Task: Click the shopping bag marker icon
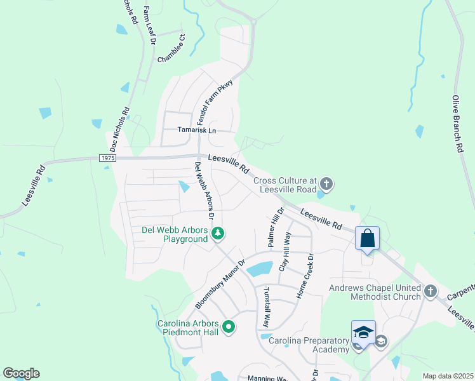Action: (x=367, y=239)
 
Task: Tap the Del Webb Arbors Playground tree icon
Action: (x=218, y=234)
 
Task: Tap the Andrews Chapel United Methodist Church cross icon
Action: (x=431, y=291)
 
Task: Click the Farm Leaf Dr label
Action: (x=149, y=25)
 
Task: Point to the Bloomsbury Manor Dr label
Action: (x=220, y=284)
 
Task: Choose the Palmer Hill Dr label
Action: (x=275, y=227)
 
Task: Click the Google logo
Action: (x=21, y=373)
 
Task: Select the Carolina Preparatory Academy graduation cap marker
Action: (x=363, y=333)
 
